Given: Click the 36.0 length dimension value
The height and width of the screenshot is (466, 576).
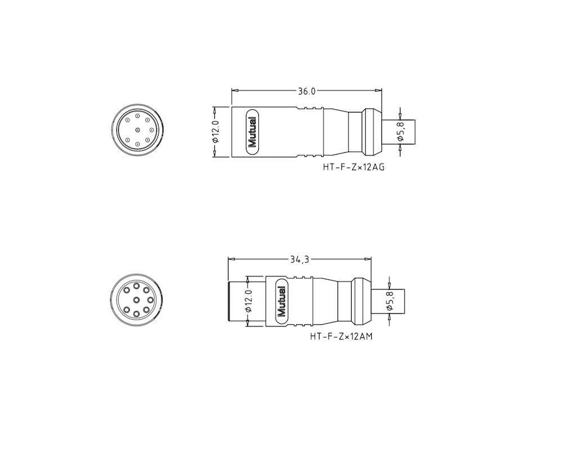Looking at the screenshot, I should [x=307, y=91].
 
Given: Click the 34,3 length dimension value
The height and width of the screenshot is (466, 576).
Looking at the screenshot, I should [x=300, y=260].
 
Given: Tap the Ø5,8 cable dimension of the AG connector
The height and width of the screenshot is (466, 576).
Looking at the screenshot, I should [x=400, y=132].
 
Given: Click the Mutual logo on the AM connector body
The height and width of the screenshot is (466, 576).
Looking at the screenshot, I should [x=282, y=301].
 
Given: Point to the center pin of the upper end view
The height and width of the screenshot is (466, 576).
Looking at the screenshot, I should [x=138, y=130].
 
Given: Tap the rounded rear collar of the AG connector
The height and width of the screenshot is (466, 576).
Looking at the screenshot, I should [x=371, y=132].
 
